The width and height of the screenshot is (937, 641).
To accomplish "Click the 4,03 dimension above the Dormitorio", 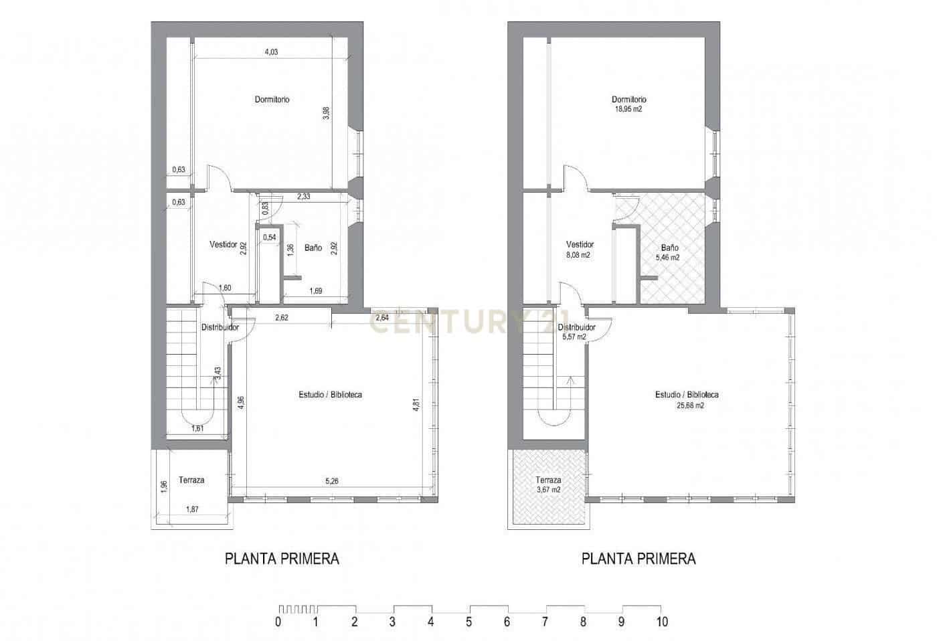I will [270, 52].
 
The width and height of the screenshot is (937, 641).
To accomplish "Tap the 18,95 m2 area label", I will [628, 108].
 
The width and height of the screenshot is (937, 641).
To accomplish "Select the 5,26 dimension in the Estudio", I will [332, 480].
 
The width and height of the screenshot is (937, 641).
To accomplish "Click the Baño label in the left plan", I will [313, 248].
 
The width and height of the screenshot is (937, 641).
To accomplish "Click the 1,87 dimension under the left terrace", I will [193, 509].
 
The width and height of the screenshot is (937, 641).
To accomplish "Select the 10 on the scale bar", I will [661, 622].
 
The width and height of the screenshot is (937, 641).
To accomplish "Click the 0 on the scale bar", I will [278, 622].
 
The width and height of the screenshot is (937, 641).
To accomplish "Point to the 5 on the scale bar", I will [469, 622].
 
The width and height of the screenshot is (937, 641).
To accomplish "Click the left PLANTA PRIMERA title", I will [282, 559].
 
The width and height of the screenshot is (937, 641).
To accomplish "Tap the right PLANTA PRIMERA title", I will [638, 559].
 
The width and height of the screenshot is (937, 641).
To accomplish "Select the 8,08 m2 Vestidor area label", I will [579, 255].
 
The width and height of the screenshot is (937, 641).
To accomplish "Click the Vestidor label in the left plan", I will [224, 245].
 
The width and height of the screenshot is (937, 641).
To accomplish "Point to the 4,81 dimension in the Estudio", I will [416, 405].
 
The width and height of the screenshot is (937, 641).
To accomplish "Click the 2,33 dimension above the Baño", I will [303, 197].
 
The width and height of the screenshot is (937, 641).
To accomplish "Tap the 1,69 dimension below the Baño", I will [316, 290].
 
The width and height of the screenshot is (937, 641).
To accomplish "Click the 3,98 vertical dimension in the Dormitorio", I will [326, 114].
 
